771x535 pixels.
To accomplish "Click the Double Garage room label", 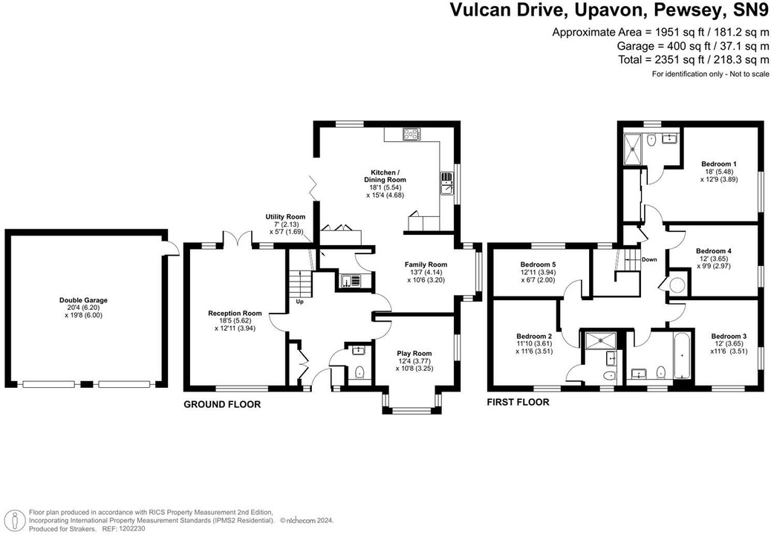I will point(83,300).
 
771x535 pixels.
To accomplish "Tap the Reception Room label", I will point(235,314).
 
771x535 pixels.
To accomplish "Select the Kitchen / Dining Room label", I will point(385,175).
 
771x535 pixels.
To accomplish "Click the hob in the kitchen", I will point(411,134).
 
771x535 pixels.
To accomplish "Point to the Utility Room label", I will point(286,217).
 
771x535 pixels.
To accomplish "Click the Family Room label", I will point(426,265).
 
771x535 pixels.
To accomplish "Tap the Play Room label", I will point(414,354).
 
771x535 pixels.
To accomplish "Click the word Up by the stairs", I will point(299,302).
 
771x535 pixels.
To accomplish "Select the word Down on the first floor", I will point(649,259).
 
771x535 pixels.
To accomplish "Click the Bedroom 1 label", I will point(718,163).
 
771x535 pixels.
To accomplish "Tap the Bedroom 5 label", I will point(539,265).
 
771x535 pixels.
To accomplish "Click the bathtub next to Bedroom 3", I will point(680,357).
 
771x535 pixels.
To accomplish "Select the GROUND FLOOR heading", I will point(222,405).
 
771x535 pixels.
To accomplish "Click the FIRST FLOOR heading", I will point(518,402).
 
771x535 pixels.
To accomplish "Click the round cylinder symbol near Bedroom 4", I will point(677,285).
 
